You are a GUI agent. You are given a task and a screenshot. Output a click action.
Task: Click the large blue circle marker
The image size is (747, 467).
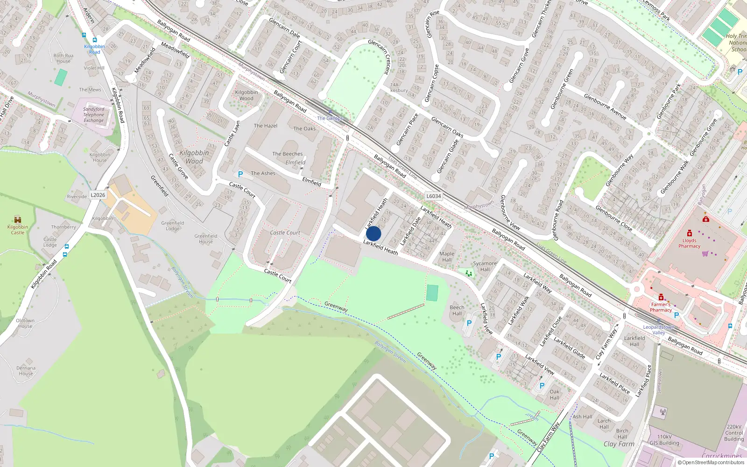373,233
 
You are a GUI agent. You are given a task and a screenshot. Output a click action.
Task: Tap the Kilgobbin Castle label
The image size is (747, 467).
18,229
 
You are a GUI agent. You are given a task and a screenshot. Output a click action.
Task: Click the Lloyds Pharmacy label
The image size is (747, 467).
689,243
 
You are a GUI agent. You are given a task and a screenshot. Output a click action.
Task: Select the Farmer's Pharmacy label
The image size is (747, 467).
661,307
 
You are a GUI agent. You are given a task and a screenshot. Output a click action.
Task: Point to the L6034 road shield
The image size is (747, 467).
433,196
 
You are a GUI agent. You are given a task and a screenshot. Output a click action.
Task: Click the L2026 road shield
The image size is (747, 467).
98,195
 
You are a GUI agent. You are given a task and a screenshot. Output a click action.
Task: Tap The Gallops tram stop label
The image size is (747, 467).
330,118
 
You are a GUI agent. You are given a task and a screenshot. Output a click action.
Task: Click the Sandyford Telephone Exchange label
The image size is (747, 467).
94,115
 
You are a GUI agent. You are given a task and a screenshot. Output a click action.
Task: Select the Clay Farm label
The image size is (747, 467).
619,444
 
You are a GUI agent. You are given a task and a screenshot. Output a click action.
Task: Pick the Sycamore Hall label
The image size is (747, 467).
485,266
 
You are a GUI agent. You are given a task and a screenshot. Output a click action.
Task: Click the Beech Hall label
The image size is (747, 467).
457,310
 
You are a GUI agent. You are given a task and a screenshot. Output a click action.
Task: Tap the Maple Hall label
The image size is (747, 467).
447,256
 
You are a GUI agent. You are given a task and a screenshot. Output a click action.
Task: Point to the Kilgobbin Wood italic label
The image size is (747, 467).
194,157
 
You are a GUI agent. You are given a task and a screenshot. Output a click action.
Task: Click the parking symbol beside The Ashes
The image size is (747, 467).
240,174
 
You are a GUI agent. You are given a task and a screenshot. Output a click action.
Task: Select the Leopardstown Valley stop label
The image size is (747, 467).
658,330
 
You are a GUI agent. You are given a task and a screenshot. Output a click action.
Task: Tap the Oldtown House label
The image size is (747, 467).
25,323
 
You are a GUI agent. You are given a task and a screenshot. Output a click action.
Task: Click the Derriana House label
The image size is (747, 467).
26,371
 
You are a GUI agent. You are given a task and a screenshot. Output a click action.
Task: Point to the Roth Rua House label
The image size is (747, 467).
63,58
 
